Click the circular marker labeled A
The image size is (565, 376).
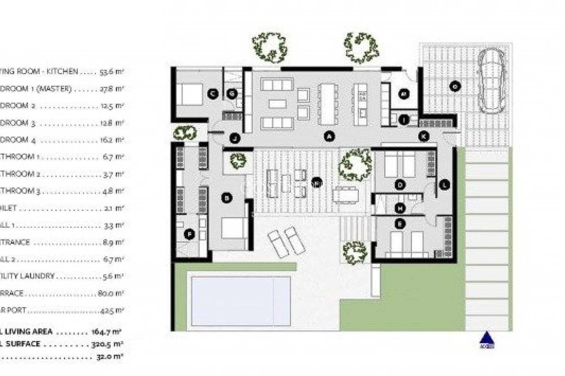330,136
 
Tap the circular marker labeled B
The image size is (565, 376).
227,198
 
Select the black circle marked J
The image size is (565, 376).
235,138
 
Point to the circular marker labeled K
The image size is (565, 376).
424,136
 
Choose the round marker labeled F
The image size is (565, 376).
189,234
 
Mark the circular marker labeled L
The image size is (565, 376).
444,185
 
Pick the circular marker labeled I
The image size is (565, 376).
404,120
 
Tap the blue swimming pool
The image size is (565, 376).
241,301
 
